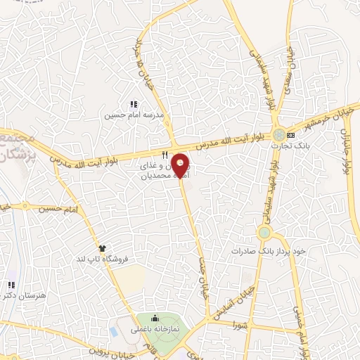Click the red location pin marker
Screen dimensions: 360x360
(x=181, y=163)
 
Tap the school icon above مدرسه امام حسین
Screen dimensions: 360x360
(x=134, y=105)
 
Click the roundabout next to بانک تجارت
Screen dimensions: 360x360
(x=279, y=134)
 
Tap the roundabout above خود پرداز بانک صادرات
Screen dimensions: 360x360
(x=264, y=232)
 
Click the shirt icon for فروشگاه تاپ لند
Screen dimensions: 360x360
(x=103, y=249)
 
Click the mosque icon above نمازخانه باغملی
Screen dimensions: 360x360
(x=155, y=319)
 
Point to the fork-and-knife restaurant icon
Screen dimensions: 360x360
(x=165, y=155)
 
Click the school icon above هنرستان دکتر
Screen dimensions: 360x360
(x=11, y=285)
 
